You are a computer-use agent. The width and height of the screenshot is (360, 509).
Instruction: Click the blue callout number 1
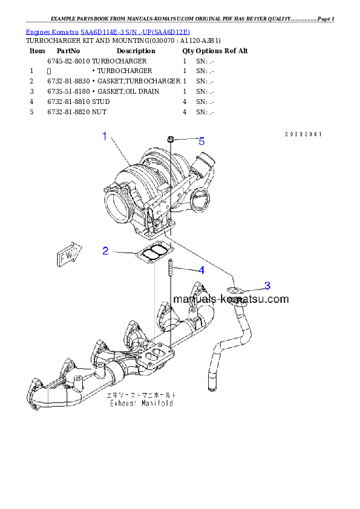104,137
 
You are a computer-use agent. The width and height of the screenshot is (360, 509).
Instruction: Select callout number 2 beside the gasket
105,250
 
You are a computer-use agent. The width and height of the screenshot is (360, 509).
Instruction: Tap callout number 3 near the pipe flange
267,285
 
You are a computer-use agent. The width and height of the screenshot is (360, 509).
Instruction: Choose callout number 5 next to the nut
201,141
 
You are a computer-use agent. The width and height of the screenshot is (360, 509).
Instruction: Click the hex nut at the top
171,140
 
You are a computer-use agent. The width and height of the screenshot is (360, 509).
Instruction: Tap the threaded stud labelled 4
171,267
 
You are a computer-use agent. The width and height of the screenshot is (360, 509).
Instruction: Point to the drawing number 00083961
303,134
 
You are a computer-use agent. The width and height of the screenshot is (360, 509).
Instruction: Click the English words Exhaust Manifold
141,403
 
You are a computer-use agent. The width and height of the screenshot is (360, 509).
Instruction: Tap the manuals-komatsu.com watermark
231,299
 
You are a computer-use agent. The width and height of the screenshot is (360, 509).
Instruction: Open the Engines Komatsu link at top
53,31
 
